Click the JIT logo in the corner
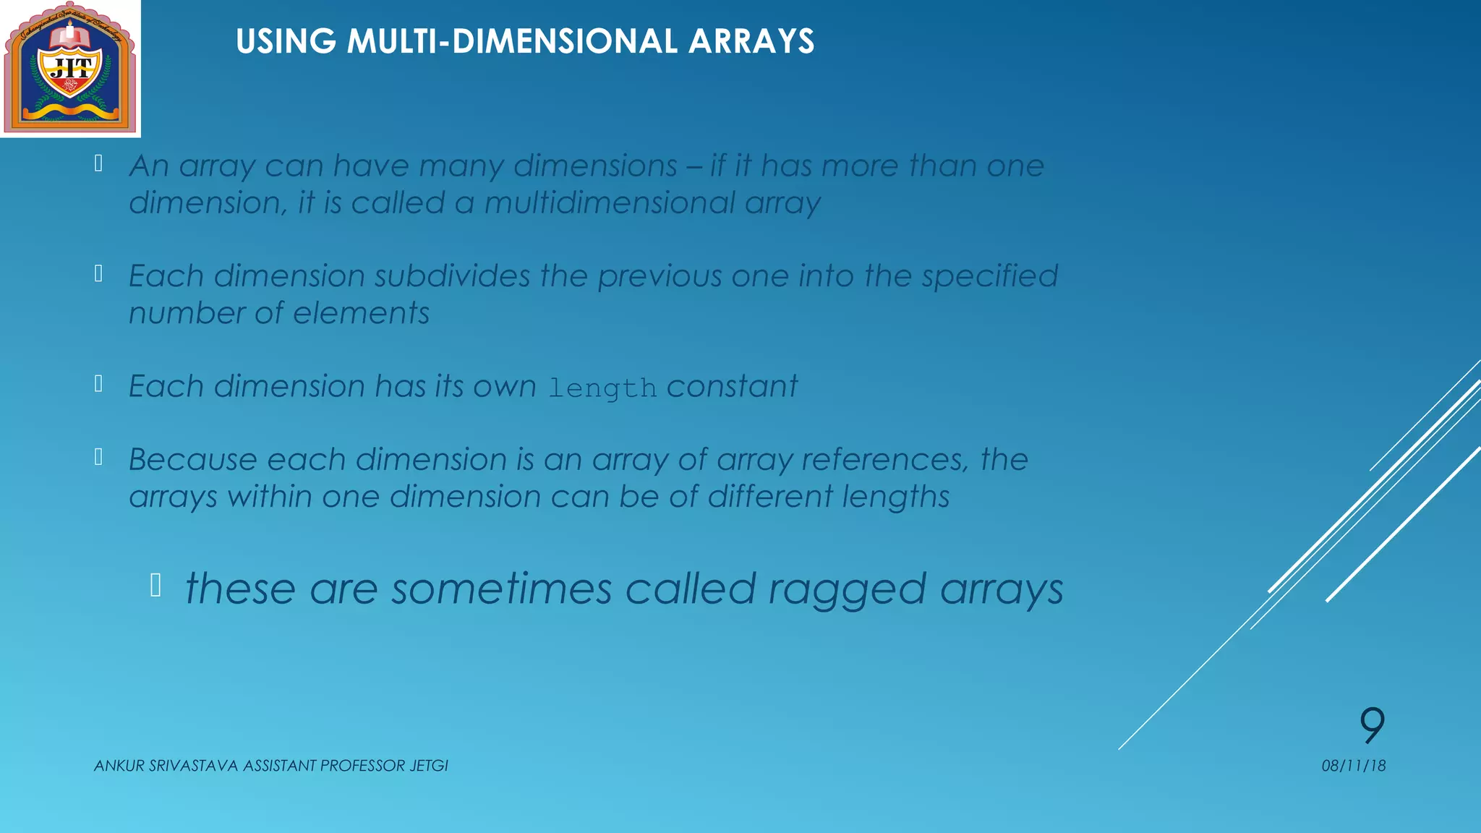coord(70,68)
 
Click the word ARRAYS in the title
coord(751,41)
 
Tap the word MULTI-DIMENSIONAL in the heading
coord(512,41)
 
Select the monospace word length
coord(602,388)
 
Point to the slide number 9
coord(1372,725)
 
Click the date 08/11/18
coord(1353,766)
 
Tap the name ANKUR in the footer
coord(119,766)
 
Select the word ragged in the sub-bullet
coord(847,589)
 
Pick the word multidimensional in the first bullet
coord(610,203)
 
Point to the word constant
coord(732,386)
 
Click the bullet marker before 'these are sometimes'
coord(155,584)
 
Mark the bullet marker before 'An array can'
coord(98,163)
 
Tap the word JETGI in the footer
coord(429,766)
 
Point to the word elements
coord(361,314)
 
